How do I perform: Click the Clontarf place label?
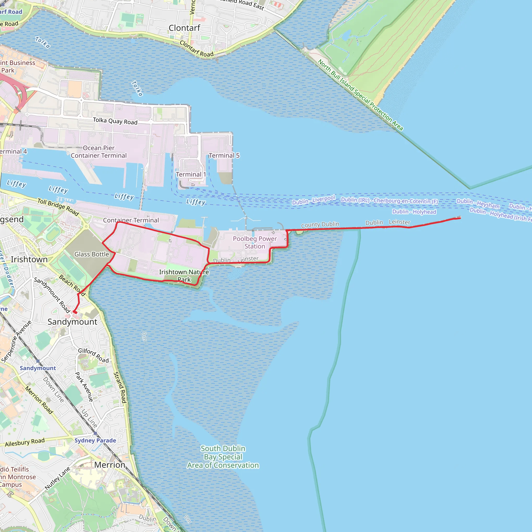pyautogui.click(x=184, y=28)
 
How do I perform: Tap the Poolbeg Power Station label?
pyautogui.click(x=255, y=242)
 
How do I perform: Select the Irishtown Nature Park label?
pyautogui.click(x=184, y=276)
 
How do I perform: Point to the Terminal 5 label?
pyautogui.click(x=224, y=156)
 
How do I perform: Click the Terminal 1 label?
pyautogui.click(x=191, y=174)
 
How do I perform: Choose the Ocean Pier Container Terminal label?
pyautogui.click(x=98, y=152)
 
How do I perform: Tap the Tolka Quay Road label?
pyautogui.click(x=115, y=121)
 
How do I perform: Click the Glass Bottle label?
pyautogui.click(x=92, y=254)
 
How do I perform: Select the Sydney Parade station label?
pyautogui.click(x=95, y=440)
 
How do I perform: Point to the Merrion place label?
pyautogui.click(x=110, y=465)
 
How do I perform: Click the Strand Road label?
pyautogui.click(x=120, y=387)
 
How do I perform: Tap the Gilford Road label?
pyautogui.click(x=93, y=355)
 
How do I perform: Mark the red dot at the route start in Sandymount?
pyautogui.click(x=75, y=312)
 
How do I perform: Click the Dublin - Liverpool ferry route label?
pyautogui.click(x=314, y=200)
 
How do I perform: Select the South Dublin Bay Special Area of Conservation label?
pyautogui.click(x=223, y=457)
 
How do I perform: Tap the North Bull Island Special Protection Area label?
pyautogui.click(x=361, y=95)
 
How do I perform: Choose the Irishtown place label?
pyautogui.click(x=29, y=260)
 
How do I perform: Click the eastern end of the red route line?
pyautogui.click(x=460, y=218)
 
